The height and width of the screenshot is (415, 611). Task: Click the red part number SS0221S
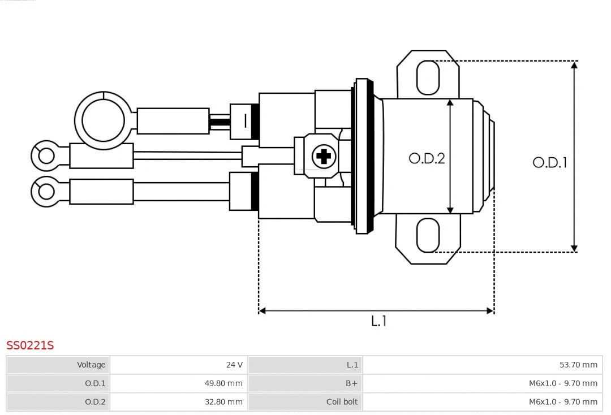30,345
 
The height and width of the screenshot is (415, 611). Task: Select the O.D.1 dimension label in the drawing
549,163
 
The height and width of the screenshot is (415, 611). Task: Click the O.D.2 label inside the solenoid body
427,158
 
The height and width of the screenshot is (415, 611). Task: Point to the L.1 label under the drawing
378,321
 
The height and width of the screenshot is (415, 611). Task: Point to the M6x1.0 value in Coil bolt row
563,402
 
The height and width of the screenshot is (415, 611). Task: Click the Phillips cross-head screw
324,156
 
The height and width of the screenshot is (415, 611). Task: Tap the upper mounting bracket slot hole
428,77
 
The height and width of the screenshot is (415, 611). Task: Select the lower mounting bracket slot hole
428,235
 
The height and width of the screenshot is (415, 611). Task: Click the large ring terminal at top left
103,120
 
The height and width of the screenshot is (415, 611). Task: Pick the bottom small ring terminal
45,192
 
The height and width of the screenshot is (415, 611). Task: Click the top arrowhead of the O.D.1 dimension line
574,64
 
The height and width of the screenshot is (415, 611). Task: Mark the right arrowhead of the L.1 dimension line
490,310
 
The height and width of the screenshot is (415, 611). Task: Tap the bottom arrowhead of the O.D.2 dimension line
450,210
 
